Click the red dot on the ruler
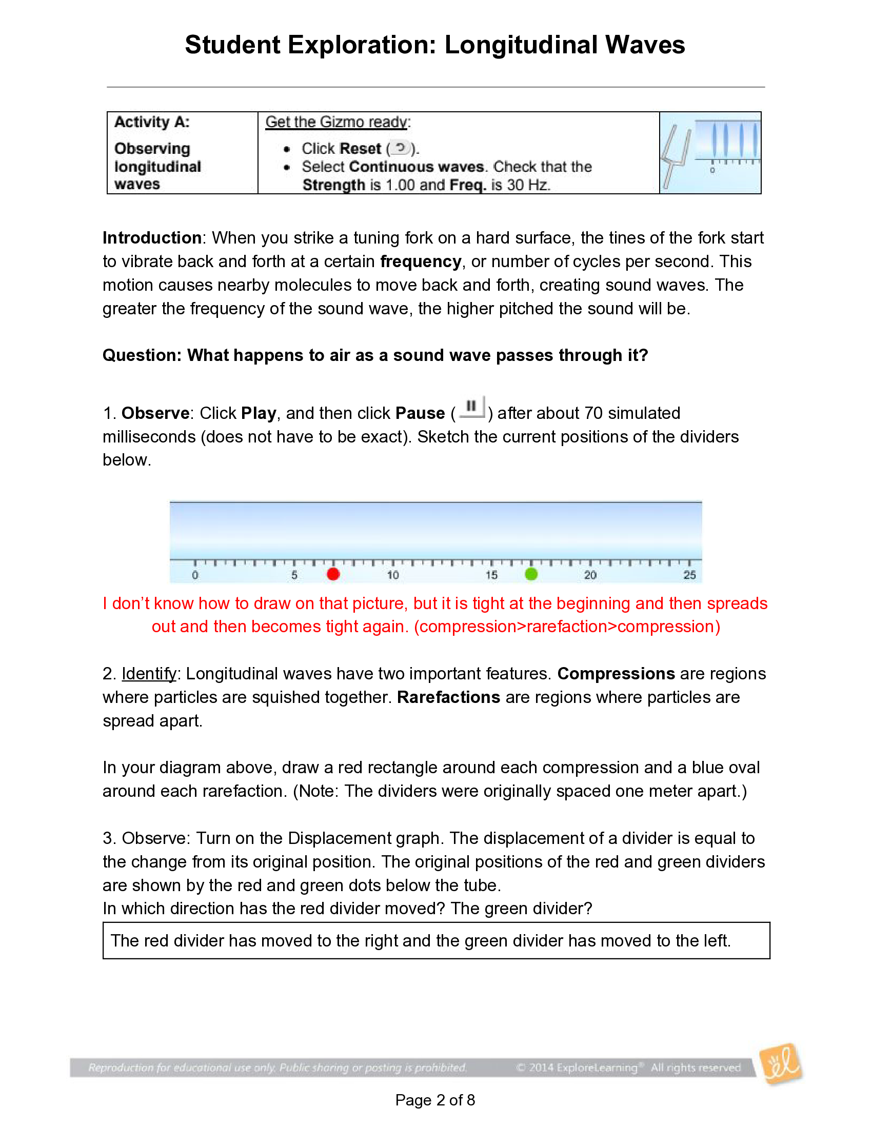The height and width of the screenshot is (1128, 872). (333, 574)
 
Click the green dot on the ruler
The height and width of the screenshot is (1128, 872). (531, 574)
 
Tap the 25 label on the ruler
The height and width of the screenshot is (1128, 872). (689, 575)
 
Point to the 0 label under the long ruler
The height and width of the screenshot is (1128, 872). (195, 575)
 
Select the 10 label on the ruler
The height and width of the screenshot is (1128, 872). (392, 575)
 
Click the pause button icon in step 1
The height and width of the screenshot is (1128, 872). (471, 408)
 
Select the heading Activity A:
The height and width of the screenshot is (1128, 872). (152, 122)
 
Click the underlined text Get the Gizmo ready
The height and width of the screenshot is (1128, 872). (338, 122)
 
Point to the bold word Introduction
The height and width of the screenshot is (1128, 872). (152, 237)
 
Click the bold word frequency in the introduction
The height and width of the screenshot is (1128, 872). (421, 261)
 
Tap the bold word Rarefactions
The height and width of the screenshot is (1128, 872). (448, 697)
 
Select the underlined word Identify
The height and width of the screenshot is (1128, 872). (149, 674)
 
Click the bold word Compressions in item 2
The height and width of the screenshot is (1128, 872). (616, 674)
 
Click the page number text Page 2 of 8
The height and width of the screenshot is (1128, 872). (435, 1100)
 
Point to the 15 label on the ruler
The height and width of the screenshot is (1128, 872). (491, 575)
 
